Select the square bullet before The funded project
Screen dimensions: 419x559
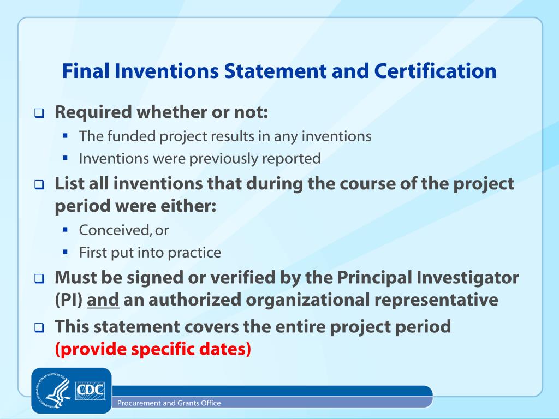[x=66, y=135]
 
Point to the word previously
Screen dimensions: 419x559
[x=210, y=159]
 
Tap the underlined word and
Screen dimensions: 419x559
[x=103, y=300]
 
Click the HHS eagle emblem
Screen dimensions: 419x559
[x=55, y=391]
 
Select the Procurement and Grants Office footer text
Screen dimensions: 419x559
[x=169, y=403]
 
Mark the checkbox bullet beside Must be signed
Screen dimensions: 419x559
[x=39, y=279]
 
